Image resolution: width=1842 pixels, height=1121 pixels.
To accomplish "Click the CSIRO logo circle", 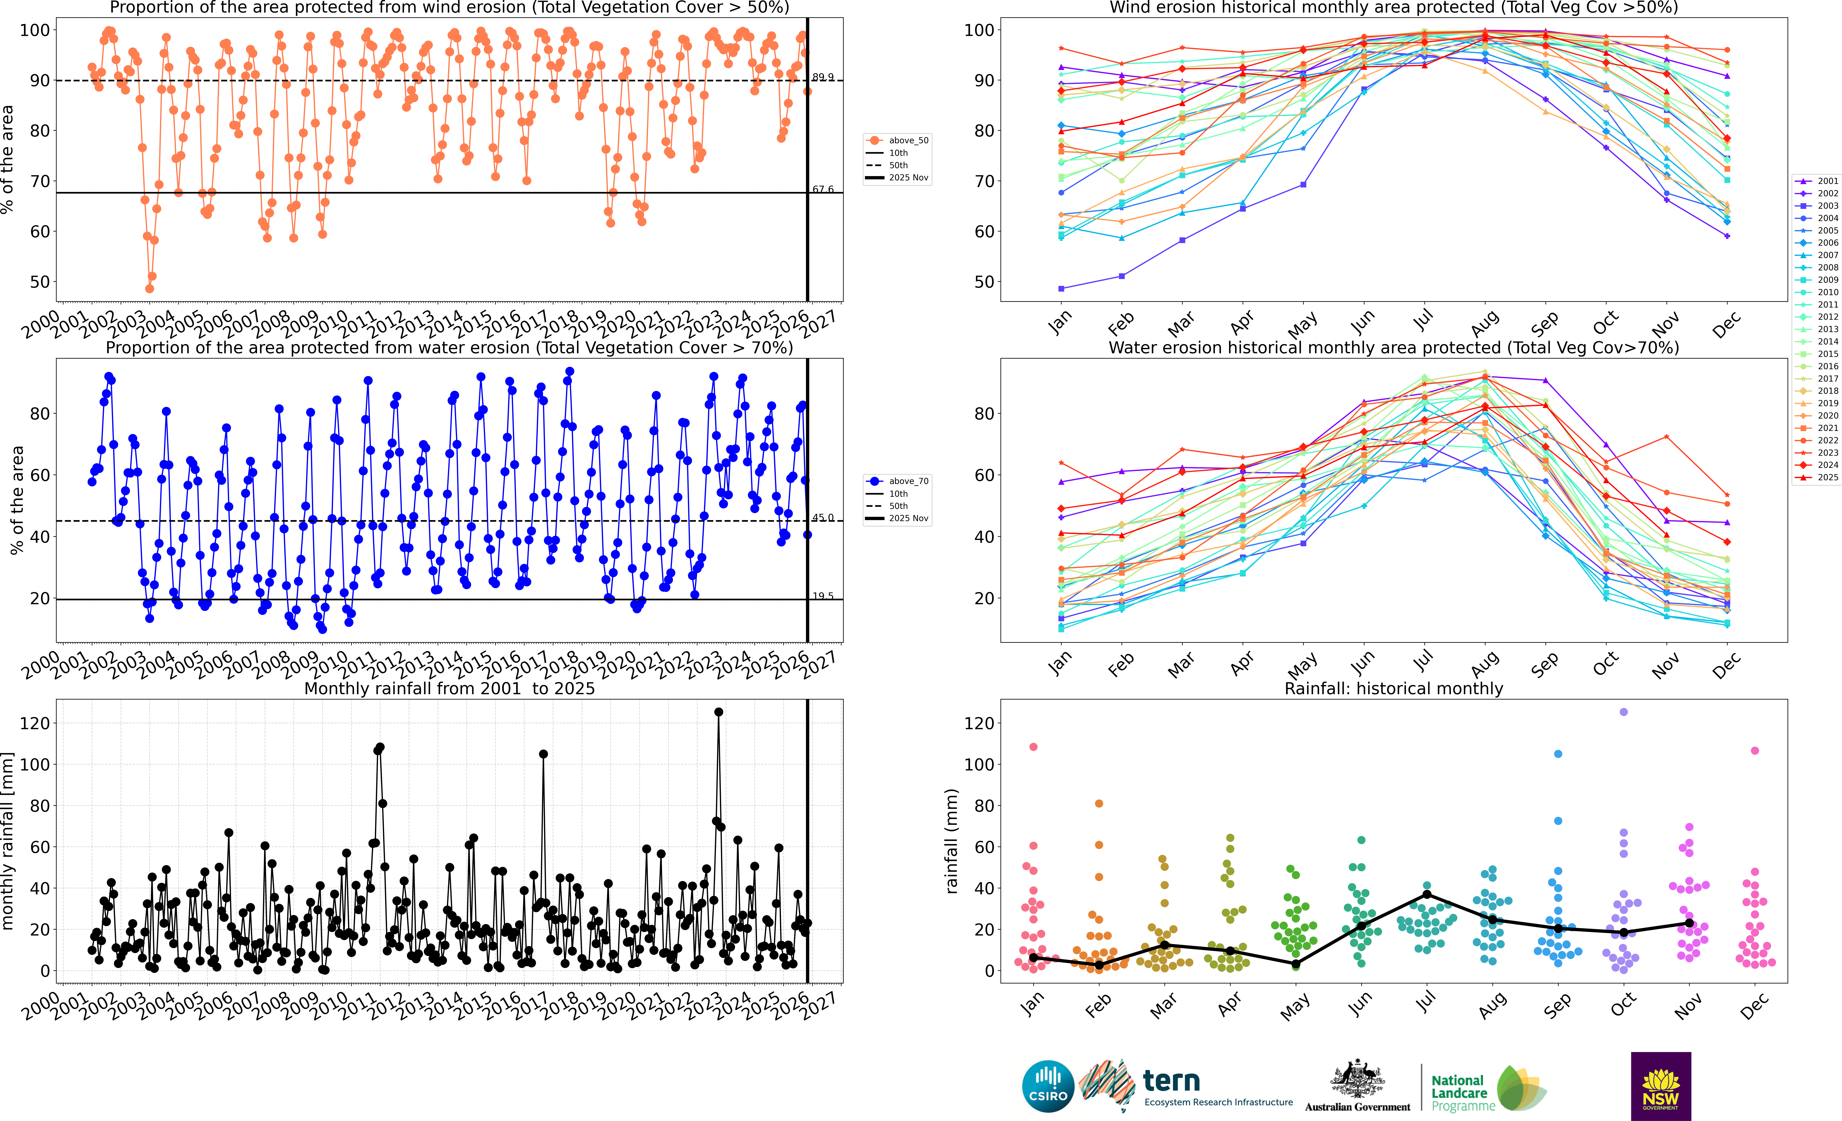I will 1048,1086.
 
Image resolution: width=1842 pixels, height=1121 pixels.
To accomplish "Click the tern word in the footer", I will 1171,1081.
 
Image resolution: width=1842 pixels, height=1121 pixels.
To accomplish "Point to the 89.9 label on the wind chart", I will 823,77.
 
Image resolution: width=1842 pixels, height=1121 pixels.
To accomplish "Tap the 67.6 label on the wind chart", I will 823,189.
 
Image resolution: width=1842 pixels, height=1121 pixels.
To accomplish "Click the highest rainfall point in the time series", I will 718,712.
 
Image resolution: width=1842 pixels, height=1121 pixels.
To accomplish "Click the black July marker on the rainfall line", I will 1427,895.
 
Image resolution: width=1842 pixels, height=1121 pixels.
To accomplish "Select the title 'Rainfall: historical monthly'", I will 1394,688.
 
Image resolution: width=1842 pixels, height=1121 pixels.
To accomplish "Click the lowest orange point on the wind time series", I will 150,288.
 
